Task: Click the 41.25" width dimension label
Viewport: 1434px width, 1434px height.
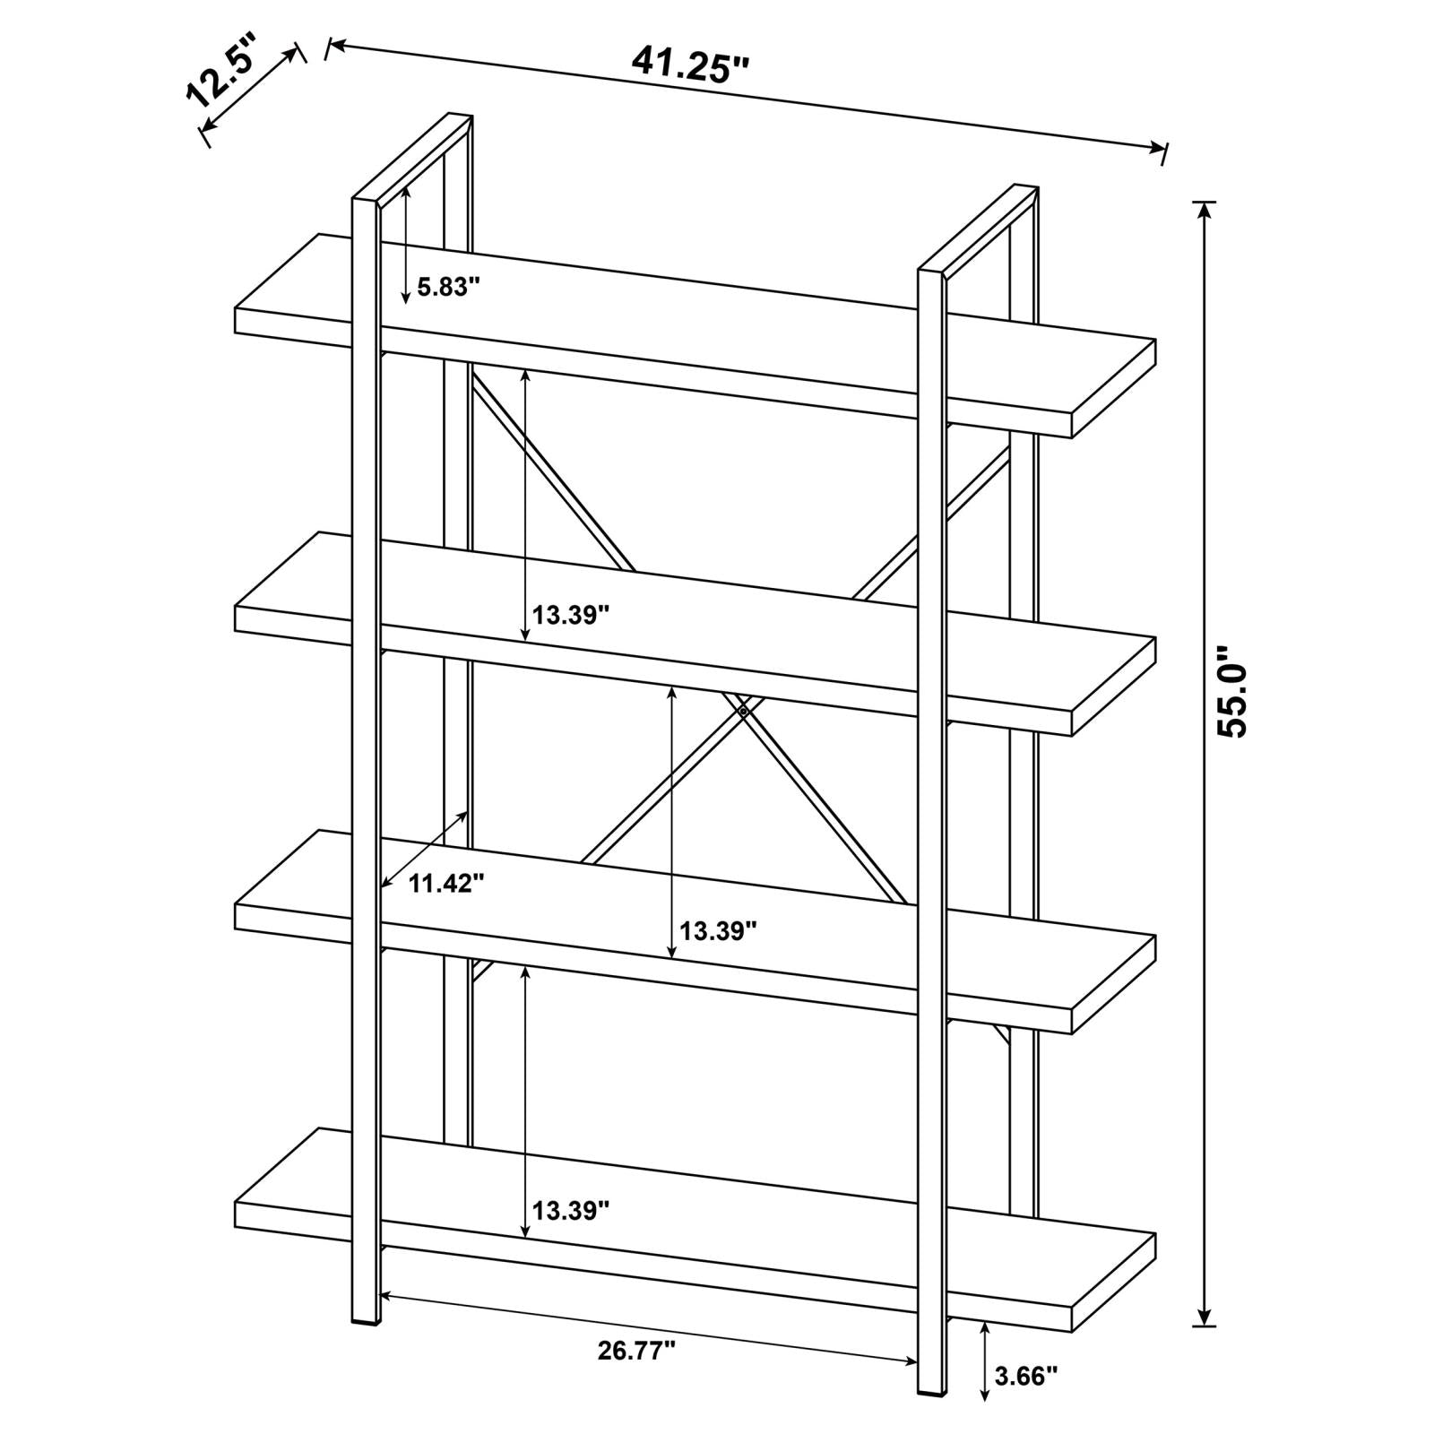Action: click(x=690, y=65)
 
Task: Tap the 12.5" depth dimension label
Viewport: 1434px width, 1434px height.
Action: click(x=220, y=68)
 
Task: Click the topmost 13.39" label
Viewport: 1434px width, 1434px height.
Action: click(x=571, y=615)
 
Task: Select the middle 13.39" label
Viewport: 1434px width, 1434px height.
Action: click(x=718, y=931)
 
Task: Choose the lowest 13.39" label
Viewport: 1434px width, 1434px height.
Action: click(x=571, y=1211)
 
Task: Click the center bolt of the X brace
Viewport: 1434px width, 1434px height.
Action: click(x=743, y=711)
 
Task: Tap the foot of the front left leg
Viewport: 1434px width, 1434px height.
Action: click(x=365, y=1320)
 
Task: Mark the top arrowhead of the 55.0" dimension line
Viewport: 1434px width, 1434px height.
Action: click(x=1205, y=211)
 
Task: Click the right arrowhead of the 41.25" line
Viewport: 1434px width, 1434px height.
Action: click(x=1158, y=149)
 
